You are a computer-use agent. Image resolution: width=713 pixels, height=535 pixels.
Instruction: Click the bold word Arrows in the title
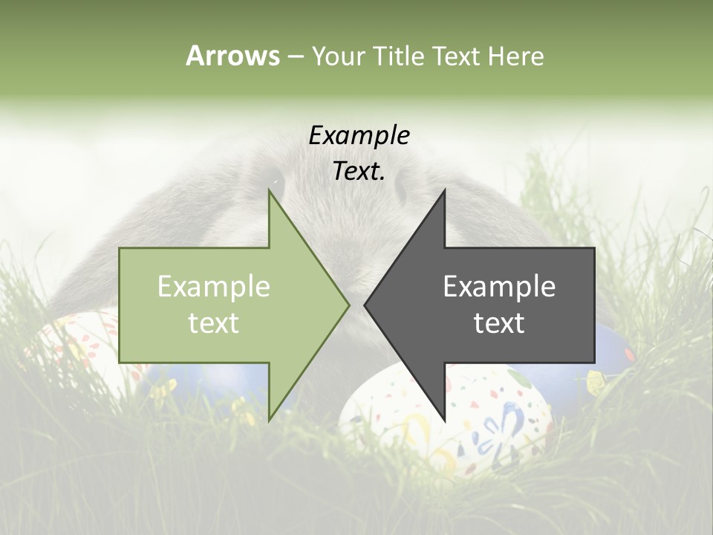click(232, 56)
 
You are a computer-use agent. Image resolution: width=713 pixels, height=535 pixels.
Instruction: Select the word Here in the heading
click(515, 56)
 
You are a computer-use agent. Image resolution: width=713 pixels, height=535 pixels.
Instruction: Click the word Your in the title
click(338, 56)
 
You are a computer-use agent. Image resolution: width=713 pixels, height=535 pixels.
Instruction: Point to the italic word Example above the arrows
click(359, 135)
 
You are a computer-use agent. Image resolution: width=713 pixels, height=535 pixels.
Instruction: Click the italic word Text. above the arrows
click(359, 172)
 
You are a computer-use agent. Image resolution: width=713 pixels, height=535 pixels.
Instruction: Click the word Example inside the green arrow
click(214, 286)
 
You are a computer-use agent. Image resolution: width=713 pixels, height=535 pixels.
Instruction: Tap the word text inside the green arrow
click(214, 322)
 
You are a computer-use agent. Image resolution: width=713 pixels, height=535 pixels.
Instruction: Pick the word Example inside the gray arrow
click(499, 286)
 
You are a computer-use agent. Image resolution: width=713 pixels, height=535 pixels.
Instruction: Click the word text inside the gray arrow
click(499, 322)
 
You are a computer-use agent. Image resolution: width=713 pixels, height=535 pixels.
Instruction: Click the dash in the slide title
click(295, 57)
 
